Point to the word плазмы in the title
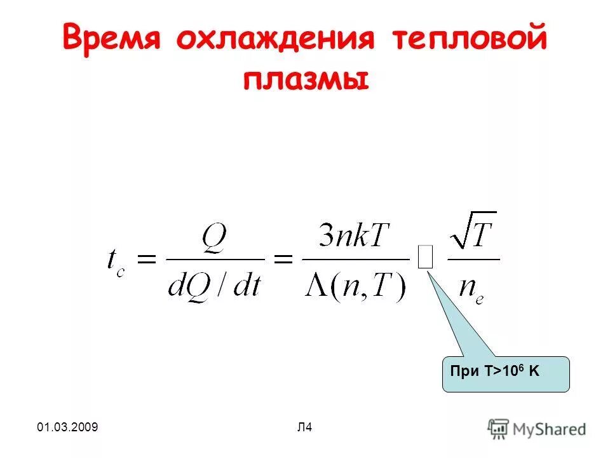(x=305, y=81)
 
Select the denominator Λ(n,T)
(x=355, y=288)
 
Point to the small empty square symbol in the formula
(x=426, y=258)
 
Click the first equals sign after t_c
(x=147, y=258)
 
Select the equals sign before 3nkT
(x=283, y=258)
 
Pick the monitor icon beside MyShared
(x=498, y=427)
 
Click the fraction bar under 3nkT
(x=355, y=259)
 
